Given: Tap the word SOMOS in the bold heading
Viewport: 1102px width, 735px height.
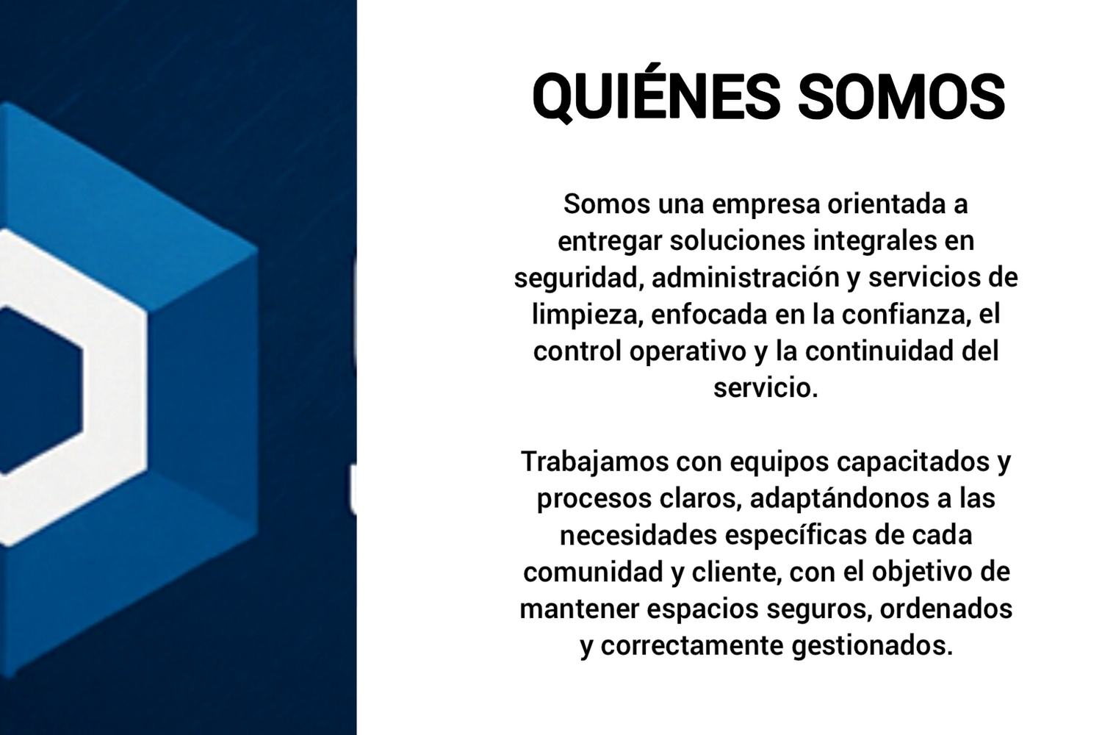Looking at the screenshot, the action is click(901, 96).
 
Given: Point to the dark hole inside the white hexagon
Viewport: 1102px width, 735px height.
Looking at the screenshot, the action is click(40, 390).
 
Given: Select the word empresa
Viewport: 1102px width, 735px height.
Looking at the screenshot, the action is click(766, 205).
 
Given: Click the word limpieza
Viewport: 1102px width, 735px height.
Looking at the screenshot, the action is click(588, 316).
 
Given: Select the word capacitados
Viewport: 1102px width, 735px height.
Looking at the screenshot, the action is click(913, 462).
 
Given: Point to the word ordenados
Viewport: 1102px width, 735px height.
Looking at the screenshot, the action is click(946, 609).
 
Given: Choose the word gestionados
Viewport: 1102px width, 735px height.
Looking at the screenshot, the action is click(872, 647).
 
